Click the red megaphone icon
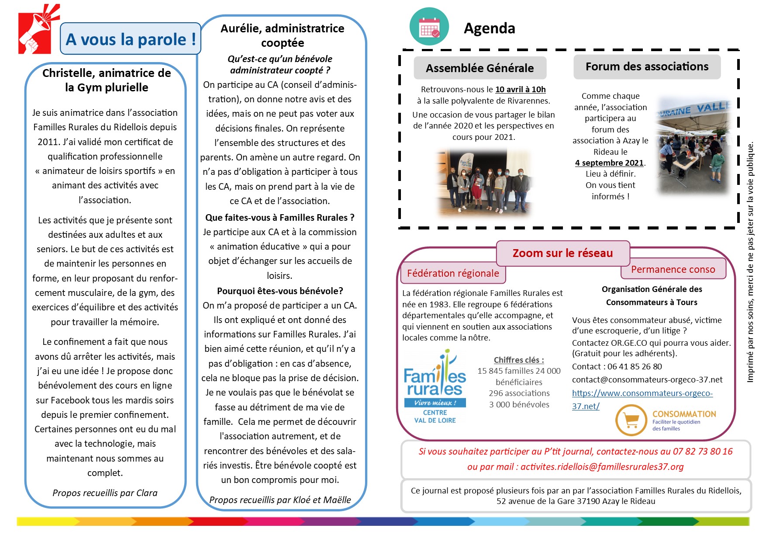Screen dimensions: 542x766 point(38,29)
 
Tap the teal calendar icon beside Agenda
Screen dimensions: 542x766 point(429,27)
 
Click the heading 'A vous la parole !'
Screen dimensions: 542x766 point(130,39)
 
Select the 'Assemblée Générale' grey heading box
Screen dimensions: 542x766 point(480,68)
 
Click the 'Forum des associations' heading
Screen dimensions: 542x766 point(646,67)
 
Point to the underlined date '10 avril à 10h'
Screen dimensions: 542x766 point(520,90)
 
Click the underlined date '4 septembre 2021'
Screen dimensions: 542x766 point(609,163)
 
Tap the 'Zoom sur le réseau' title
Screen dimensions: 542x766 point(562,253)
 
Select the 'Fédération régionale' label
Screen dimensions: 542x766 point(453,274)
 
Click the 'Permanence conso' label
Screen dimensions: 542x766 point(673,269)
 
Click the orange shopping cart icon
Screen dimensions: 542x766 point(631,420)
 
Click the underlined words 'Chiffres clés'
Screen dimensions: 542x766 point(518,360)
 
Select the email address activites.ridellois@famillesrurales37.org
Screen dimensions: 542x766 point(602,467)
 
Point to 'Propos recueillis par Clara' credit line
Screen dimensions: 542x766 point(105,493)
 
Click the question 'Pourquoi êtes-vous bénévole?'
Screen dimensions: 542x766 point(280,291)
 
